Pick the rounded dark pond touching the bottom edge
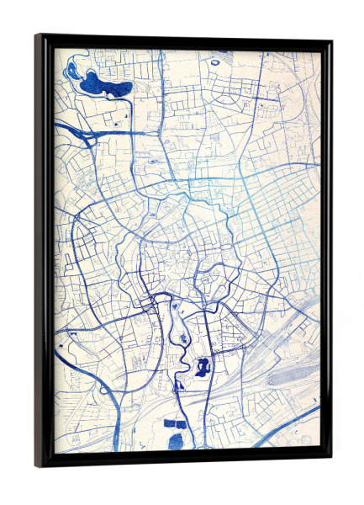tap(177, 442)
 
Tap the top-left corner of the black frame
tap(38, 36)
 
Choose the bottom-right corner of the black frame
tap(330, 458)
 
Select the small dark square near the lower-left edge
tap(61, 344)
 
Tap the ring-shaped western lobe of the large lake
tap(72, 70)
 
